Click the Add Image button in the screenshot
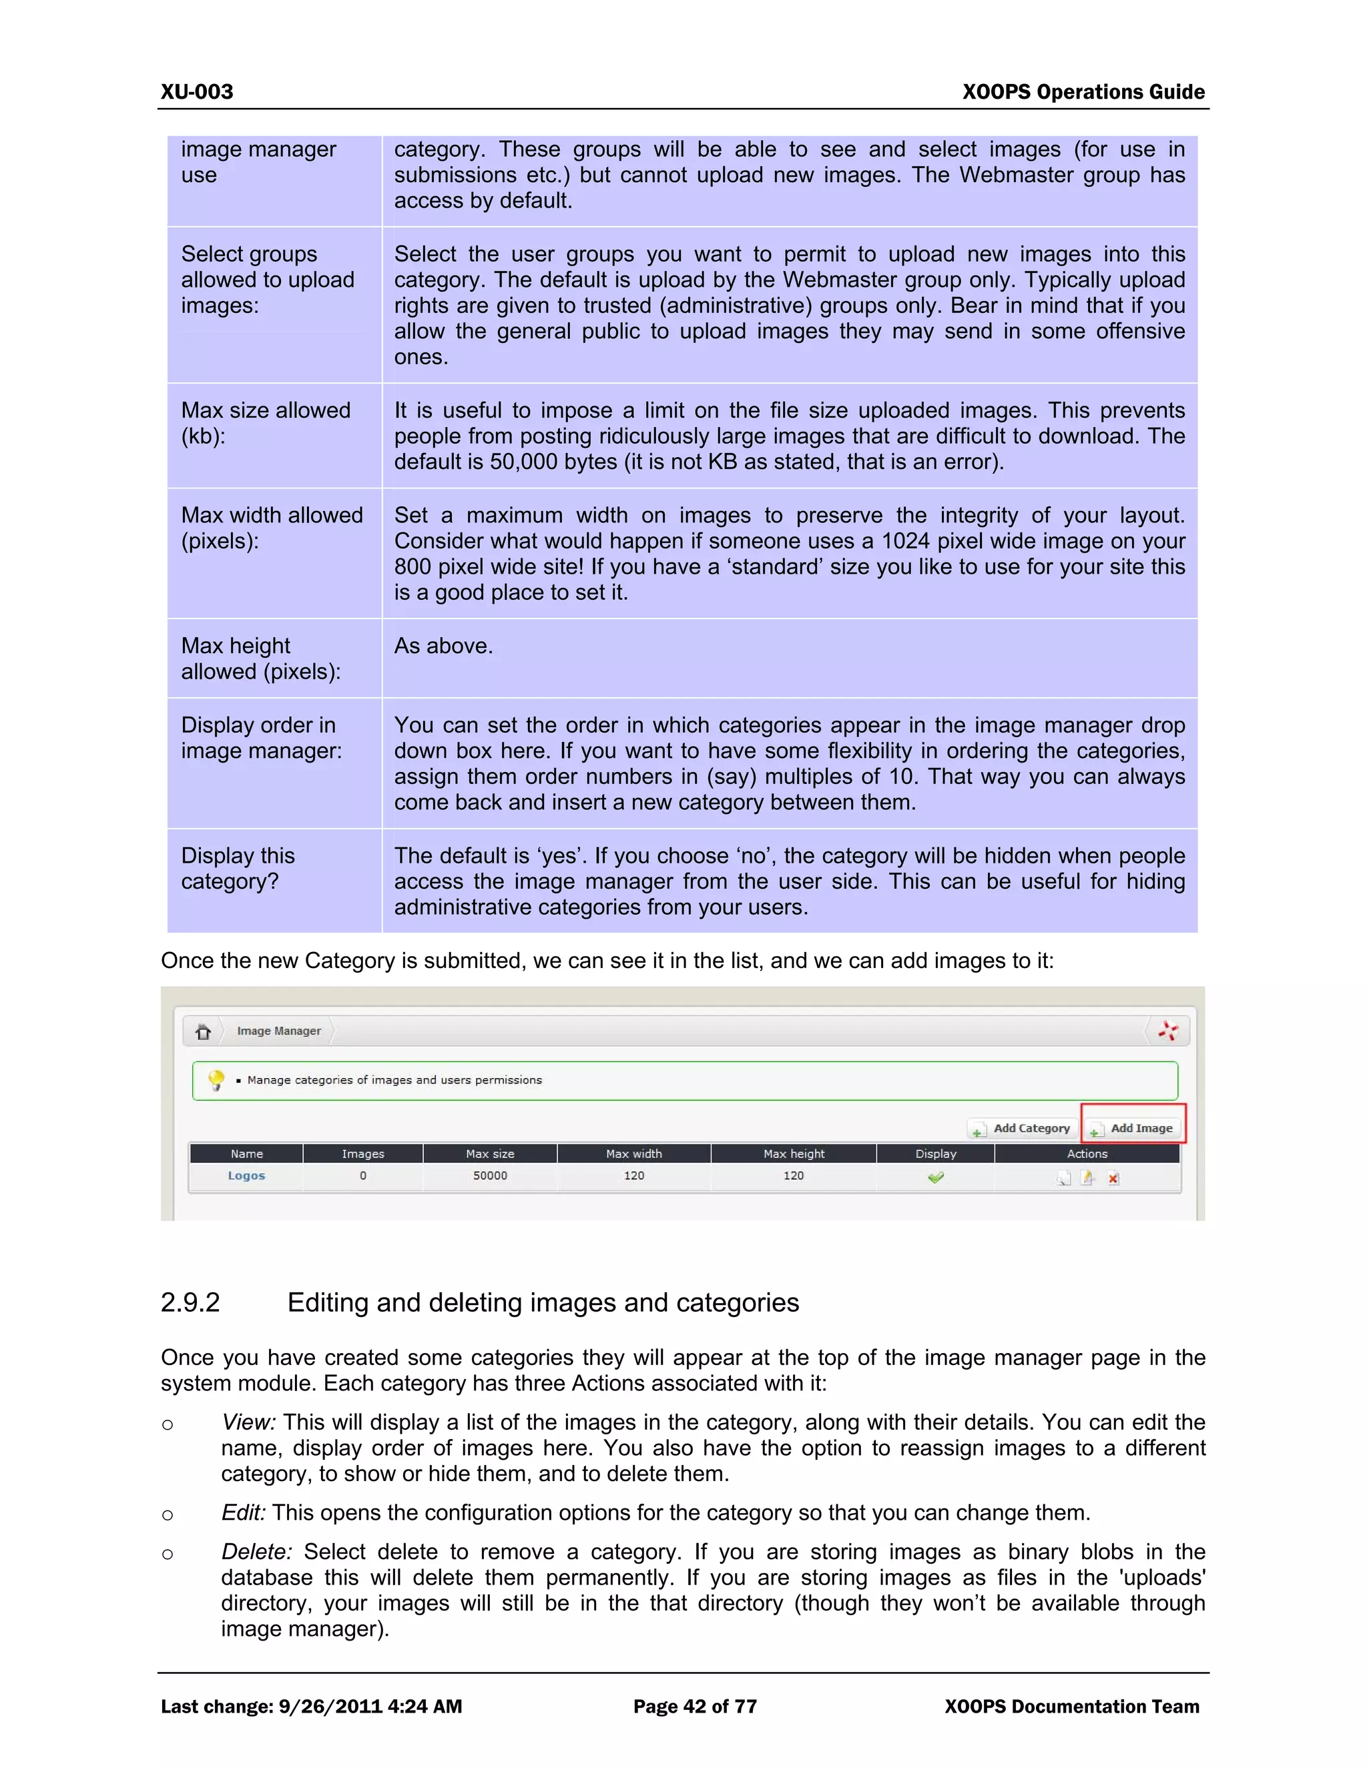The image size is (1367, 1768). pos(1134,1128)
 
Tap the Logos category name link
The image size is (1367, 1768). pos(246,1176)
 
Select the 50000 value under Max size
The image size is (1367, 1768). pos(490,1176)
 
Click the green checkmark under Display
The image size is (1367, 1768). pos(935,1177)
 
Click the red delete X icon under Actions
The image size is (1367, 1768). pos(1113,1178)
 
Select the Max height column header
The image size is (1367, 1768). pos(794,1154)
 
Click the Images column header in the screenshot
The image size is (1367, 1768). pos(363,1154)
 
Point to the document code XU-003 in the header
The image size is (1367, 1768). pos(197,91)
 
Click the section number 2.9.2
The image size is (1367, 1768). pos(190,1302)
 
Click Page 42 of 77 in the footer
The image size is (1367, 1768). pos(695,1707)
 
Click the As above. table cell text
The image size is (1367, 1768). pos(443,646)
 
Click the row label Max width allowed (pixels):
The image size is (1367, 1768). pos(271,528)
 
